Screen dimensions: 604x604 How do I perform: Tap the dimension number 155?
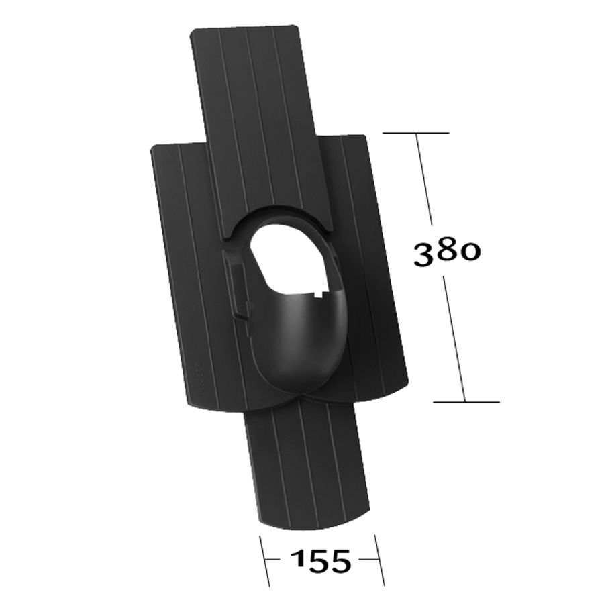[320, 561]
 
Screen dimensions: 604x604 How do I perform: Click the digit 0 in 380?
[470, 251]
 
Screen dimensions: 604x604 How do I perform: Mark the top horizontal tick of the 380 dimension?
[416, 134]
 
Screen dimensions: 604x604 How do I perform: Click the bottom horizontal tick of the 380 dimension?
[466, 402]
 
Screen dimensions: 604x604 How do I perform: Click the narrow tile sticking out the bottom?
[305, 463]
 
